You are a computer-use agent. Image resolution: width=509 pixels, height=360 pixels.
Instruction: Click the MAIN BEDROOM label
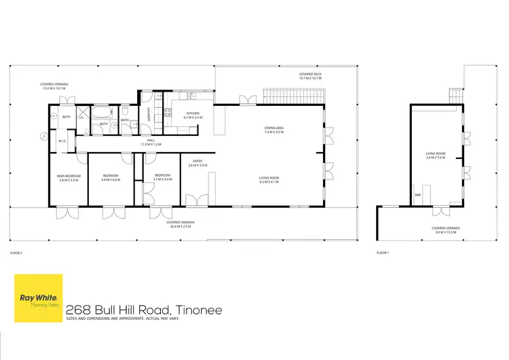pos(69,176)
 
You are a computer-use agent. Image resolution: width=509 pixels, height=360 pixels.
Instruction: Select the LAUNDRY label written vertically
pos(149,115)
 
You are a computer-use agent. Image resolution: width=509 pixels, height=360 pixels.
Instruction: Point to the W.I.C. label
pos(62,141)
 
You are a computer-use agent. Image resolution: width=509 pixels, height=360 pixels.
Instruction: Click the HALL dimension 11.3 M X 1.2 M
pos(149,145)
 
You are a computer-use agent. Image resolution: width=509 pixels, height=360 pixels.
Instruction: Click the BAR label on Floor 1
pos(418,195)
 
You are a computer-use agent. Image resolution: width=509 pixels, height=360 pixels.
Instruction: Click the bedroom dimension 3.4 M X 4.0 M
pos(110,180)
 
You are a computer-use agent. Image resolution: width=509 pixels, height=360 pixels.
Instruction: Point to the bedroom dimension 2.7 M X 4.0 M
pos(163,180)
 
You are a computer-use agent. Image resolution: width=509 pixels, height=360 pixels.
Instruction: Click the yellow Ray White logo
pos(39,298)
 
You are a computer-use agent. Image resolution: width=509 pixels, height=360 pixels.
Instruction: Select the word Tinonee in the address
pos(198,310)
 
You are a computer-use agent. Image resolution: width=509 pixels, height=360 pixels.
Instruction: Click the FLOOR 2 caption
pos(16,253)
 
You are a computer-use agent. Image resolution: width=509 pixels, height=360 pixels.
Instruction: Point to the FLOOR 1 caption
pos(382,253)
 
